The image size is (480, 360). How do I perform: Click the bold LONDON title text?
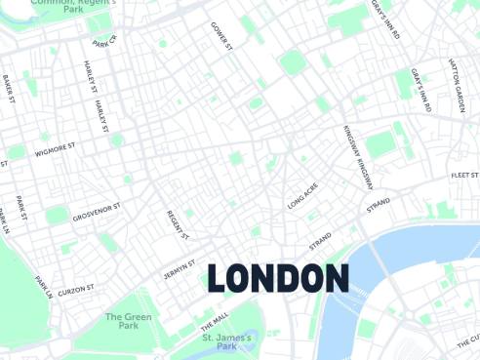278,278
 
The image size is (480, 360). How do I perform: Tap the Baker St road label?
10,88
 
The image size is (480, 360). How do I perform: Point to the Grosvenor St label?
96,212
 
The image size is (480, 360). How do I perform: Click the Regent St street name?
177,226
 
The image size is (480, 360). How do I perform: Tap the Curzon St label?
75,290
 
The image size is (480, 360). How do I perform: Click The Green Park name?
128,321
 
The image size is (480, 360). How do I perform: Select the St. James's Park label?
226,341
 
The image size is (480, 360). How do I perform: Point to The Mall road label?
214,319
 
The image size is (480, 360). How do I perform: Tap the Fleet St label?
464,175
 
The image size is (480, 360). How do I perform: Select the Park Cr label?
104,41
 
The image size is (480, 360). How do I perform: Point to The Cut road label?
468,341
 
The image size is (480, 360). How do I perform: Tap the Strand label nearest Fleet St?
378,205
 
